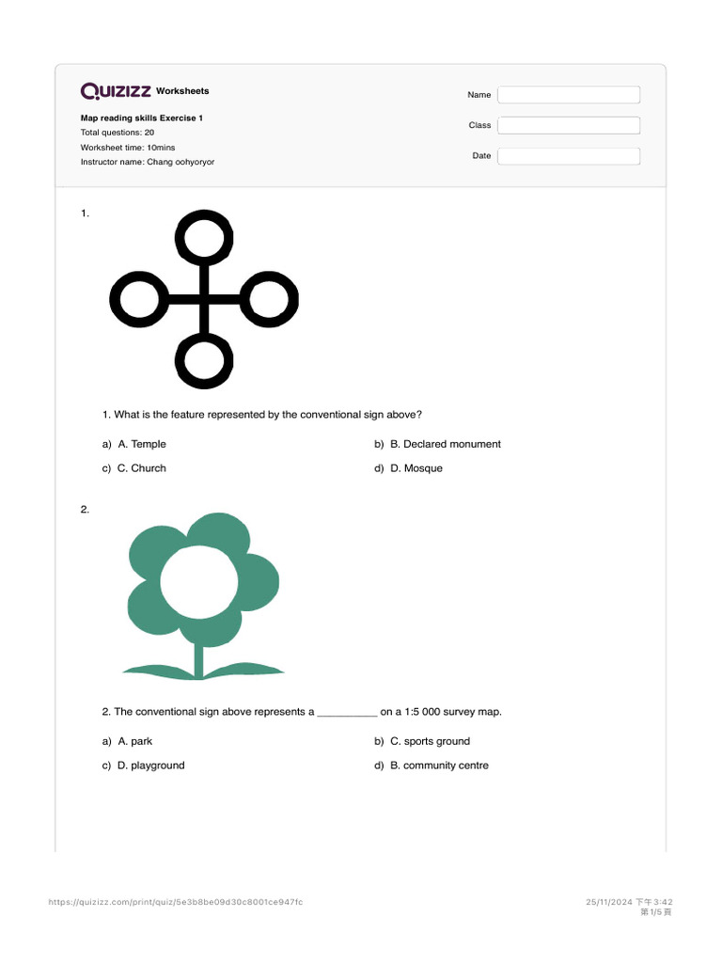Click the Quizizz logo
(116, 91)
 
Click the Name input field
(568, 95)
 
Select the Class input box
(568, 125)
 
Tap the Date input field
(568, 156)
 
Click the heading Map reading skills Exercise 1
(141, 118)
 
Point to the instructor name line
(147, 162)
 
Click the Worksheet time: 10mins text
(128, 148)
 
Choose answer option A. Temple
(141, 444)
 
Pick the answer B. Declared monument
(445, 444)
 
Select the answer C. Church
(141, 468)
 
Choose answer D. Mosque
(416, 468)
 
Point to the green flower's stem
(198, 658)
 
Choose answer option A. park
(134, 741)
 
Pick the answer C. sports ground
(430, 741)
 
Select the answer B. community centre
(439, 766)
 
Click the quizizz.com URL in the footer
(176, 902)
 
